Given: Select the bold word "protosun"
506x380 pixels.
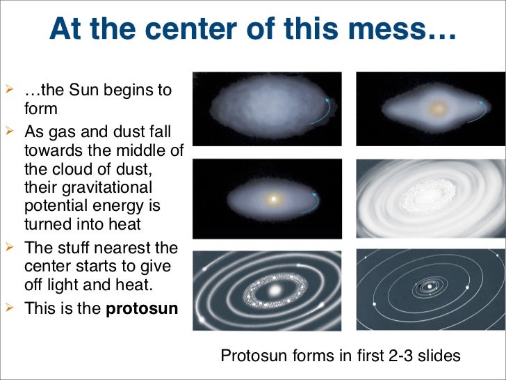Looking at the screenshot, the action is point(142,309).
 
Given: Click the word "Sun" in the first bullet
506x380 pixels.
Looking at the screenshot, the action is point(83,90).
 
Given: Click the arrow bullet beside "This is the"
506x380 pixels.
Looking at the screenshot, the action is point(9,308).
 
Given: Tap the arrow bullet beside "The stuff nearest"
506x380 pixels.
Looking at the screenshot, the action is point(9,247).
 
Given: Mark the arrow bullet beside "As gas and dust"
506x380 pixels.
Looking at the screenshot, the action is point(9,131).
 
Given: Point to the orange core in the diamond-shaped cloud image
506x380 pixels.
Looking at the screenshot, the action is point(438,109).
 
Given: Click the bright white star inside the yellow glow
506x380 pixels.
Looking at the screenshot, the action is point(273,199).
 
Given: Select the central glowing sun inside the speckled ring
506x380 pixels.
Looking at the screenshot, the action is point(275,290).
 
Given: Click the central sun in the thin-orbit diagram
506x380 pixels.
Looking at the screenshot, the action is point(430,286).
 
